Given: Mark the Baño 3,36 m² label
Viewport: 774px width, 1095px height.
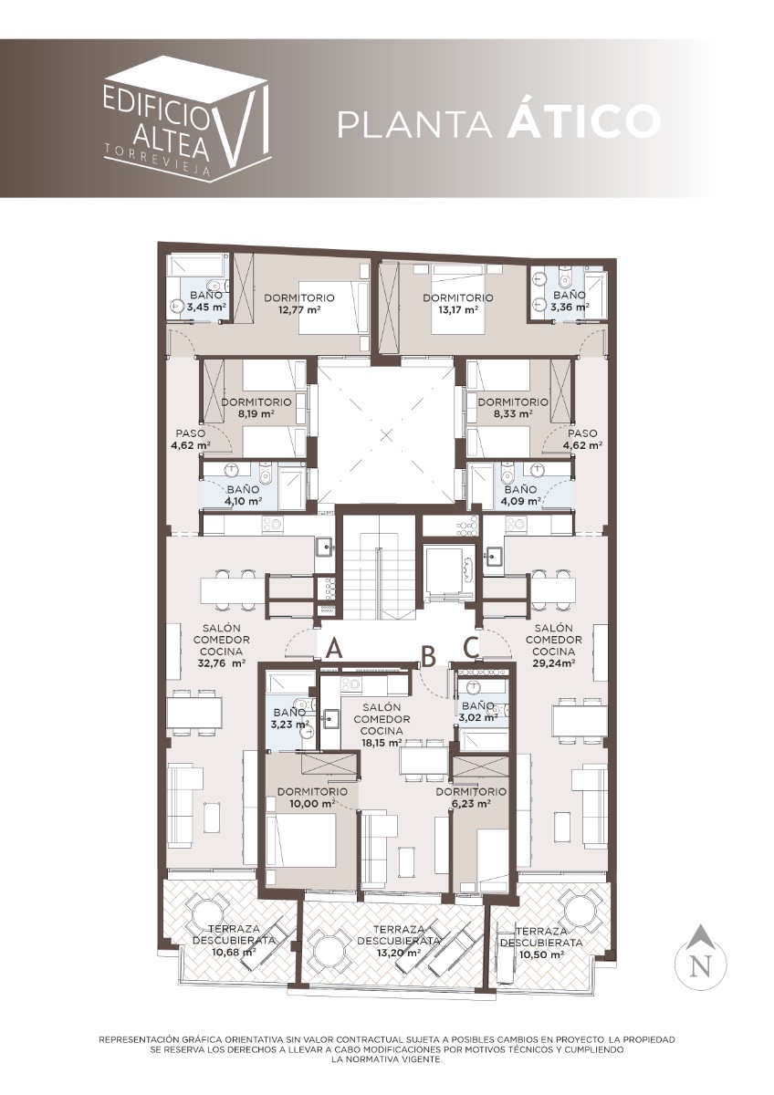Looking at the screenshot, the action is pos(570,301).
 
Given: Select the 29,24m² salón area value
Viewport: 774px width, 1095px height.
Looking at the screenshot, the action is pos(553,662).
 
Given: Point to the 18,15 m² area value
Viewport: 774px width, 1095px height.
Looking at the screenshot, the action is pos(382,742).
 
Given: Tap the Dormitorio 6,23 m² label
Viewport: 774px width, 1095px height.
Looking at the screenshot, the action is pos(471,798).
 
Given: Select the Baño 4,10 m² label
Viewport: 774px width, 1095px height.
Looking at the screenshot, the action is pos(243,495).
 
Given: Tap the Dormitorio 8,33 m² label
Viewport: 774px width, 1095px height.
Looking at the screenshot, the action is pos(513,408).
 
